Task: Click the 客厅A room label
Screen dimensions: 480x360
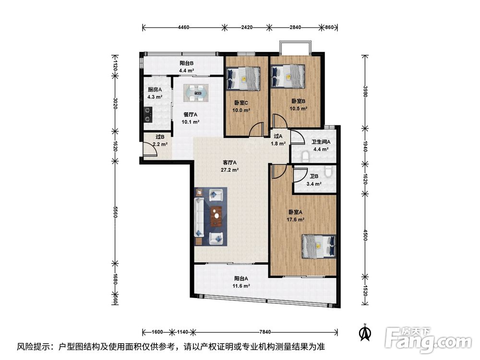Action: pos(229,163)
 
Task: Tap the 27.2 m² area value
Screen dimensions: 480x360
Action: pos(229,170)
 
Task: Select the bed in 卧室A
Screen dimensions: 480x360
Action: pos(319,246)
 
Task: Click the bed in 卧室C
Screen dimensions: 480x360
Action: pos(243,79)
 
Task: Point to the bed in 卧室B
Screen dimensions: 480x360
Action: pos(288,76)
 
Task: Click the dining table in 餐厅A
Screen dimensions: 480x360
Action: pos(196,93)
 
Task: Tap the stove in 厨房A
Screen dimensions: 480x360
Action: pos(148,114)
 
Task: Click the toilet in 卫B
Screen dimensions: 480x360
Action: pos(328,171)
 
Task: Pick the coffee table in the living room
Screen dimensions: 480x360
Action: pos(217,216)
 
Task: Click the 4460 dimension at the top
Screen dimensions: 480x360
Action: pos(183,27)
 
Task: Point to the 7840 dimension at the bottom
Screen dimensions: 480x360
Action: pos(265,332)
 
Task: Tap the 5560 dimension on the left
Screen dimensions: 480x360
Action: pos(115,212)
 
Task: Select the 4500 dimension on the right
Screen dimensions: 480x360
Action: pos(365,235)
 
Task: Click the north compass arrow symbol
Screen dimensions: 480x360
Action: pos(365,333)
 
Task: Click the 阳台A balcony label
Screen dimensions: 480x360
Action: pos(241,278)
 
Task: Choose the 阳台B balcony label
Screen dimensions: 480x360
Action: pos(186,63)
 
